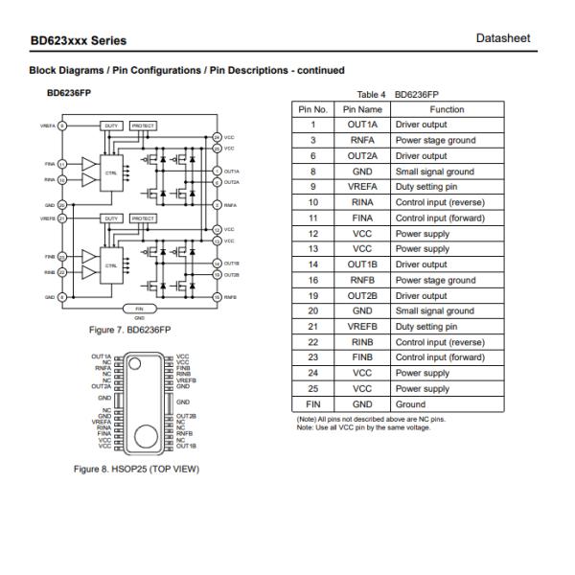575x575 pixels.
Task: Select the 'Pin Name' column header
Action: (x=362, y=109)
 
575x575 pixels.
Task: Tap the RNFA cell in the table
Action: (x=362, y=140)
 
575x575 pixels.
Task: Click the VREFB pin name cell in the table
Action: (x=362, y=327)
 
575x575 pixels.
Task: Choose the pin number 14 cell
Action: (x=311, y=264)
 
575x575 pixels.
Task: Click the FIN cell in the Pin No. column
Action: (x=311, y=404)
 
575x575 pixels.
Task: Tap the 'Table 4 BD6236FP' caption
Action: (x=397, y=95)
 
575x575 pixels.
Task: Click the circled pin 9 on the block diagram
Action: (x=63, y=126)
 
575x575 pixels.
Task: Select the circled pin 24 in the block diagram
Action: (x=217, y=138)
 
